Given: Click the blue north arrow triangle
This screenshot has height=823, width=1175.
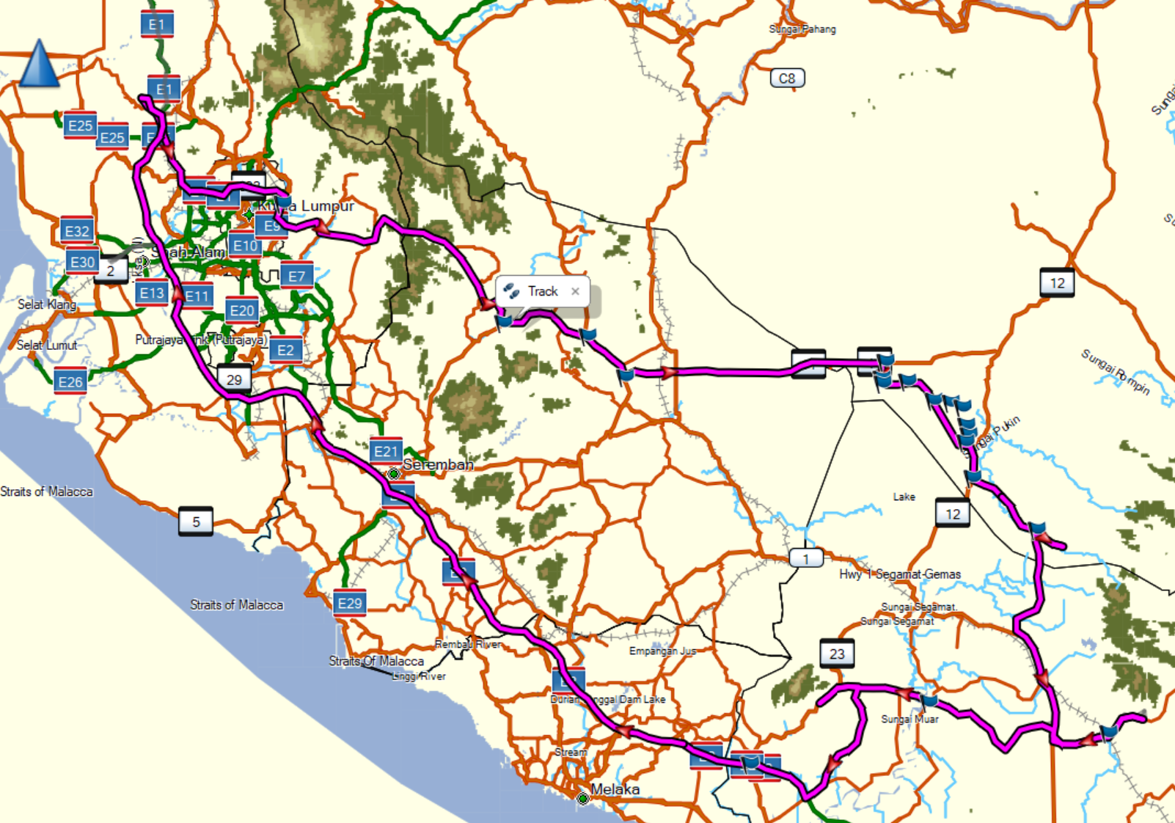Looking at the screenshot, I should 39,65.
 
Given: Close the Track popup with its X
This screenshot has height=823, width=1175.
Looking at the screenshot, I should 575,291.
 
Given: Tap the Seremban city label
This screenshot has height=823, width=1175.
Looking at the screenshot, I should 438,464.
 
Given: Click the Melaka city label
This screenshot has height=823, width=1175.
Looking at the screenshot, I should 615,789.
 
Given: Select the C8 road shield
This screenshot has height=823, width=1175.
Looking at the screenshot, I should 787,78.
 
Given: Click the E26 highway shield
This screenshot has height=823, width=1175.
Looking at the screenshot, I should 70,381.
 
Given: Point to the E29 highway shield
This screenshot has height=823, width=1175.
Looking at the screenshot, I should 349,603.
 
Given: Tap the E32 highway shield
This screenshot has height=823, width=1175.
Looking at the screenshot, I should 77,232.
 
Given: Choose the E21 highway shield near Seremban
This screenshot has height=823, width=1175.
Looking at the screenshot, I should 386,451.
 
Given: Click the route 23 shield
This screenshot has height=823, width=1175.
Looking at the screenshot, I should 837,654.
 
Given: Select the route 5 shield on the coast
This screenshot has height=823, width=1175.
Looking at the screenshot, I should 196,522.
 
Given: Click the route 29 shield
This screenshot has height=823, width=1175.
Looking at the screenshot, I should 234,379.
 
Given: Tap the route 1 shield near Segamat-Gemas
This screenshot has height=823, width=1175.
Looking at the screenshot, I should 806,559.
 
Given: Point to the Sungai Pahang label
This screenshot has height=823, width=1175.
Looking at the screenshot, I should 802,29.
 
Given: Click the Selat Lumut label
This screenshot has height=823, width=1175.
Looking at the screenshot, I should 47,345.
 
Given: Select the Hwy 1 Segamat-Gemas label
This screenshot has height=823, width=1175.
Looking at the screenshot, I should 900,574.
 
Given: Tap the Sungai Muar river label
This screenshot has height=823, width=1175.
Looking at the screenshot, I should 909,719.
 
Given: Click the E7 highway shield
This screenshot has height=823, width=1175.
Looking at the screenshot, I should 296,276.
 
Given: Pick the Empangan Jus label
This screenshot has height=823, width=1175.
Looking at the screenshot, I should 662,651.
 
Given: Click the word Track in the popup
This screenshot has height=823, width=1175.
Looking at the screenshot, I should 543,291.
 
